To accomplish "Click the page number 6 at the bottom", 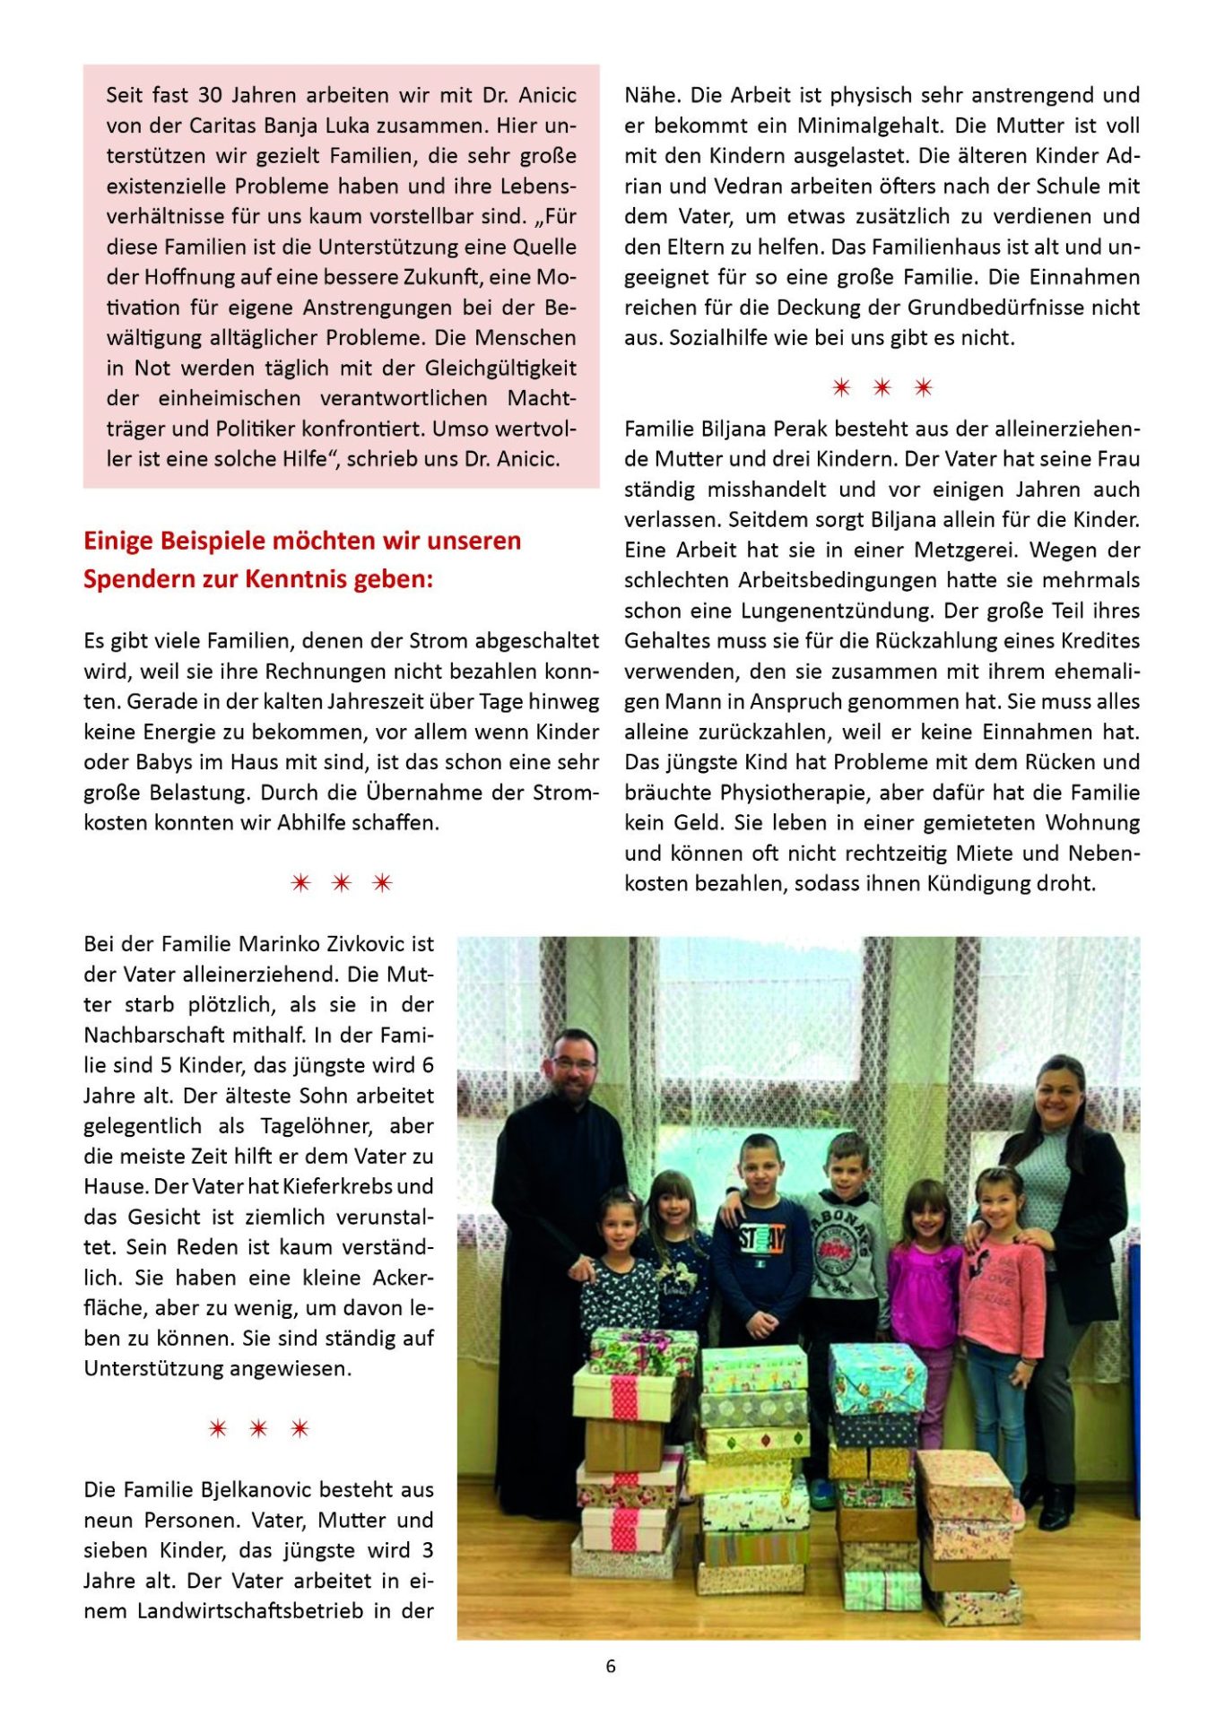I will pyautogui.click(x=611, y=1666).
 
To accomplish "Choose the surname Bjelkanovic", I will pyautogui.click(x=268, y=1489).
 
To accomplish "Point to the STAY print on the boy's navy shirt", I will pyautogui.click(x=761, y=1241).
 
